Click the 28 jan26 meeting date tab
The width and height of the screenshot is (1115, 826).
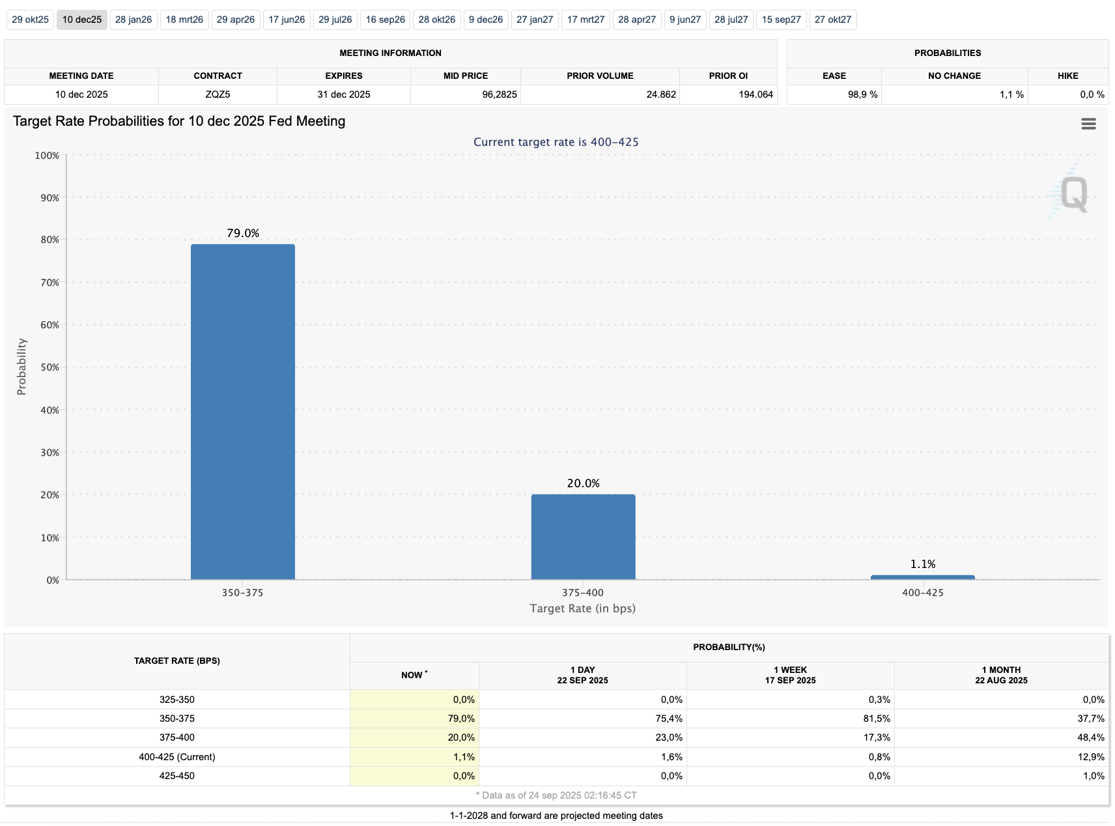click(134, 20)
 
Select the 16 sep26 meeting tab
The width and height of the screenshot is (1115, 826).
click(385, 20)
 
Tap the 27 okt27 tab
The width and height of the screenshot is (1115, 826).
click(832, 20)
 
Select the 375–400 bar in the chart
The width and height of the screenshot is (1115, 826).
click(583, 537)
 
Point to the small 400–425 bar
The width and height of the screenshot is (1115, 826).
click(922, 577)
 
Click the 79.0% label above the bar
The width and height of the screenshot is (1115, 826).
click(243, 233)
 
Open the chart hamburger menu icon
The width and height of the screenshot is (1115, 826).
click(1088, 124)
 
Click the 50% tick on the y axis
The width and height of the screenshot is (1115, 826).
click(49, 367)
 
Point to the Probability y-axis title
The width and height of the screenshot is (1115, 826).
click(21, 367)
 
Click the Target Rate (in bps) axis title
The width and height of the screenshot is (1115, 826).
click(582, 608)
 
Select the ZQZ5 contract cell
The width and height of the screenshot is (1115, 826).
click(218, 94)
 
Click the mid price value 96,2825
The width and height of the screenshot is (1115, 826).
click(499, 94)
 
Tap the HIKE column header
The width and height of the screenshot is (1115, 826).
click(1067, 76)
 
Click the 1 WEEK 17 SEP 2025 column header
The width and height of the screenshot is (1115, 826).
click(790, 675)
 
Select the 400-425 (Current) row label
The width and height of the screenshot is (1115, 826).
click(176, 757)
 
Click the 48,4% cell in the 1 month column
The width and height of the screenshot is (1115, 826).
click(1090, 737)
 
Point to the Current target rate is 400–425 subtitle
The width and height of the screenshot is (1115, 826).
click(556, 142)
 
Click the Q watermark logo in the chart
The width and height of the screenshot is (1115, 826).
click(1073, 193)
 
